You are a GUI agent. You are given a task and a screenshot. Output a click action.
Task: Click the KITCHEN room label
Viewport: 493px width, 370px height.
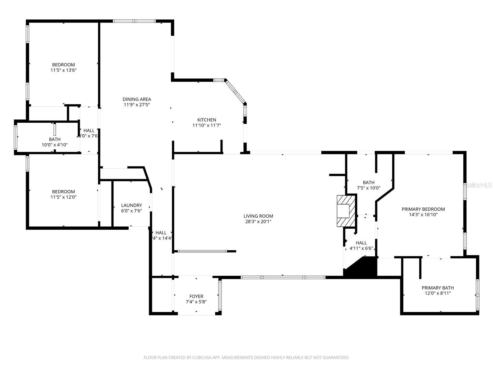tap(206, 120)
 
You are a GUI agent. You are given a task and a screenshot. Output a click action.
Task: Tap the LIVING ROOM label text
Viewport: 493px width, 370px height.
tap(258, 216)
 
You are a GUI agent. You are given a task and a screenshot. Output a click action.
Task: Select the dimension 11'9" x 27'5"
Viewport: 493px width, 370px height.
tap(137, 105)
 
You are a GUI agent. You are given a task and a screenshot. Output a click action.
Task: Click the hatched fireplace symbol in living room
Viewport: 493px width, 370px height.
tap(345, 211)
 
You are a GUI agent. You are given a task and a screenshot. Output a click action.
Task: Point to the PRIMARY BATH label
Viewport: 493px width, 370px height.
tap(438, 288)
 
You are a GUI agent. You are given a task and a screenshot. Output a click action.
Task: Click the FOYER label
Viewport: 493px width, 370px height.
tap(196, 296)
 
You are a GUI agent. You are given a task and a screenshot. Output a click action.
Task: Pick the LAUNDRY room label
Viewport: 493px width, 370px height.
tap(132, 205)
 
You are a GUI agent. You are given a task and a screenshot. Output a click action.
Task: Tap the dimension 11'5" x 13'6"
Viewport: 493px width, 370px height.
tap(63, 70)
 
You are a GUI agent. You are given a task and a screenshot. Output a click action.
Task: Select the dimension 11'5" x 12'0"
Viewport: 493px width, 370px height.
tap(63, 197)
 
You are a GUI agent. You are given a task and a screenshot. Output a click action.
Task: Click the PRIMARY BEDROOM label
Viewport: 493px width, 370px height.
tap(423, 209)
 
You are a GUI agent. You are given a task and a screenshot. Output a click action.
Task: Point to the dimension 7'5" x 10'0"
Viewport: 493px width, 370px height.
tap(369, 188)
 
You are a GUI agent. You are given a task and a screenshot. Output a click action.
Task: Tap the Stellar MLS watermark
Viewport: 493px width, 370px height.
tap(479, 185)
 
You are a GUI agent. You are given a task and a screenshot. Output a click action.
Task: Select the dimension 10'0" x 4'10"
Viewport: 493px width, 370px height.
tap(55, 145)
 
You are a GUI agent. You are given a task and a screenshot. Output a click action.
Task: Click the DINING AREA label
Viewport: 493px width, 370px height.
tap(137, 99)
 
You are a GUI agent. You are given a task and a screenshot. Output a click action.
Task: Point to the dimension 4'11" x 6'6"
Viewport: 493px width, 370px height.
tap(361, 248)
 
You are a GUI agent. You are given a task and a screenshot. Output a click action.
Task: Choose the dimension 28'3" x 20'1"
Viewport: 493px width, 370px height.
tap(258, 222)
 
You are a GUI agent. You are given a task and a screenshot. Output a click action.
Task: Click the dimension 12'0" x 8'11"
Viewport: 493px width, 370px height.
tap(438, 293)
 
